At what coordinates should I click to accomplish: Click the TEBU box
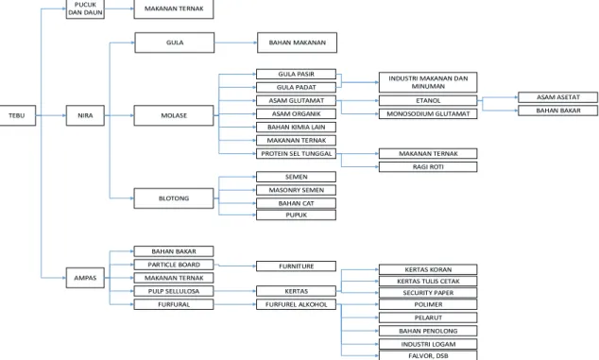(18, 115)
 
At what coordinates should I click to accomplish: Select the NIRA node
(85, 115)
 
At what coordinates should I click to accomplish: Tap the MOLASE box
(174, 115)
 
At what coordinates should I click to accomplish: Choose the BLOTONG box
(174, 198)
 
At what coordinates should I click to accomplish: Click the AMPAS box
(85, 278)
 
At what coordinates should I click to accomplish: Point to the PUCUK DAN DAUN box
(85, 9)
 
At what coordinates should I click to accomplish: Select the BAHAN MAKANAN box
(298, 43)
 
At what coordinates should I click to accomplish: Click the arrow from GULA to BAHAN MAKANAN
(235, 43)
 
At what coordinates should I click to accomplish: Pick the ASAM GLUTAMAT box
(296, 100)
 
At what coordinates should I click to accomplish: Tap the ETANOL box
(428, 100)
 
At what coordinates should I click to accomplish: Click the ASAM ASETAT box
(557, 97)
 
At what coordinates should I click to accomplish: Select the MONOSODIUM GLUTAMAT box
(428, 114)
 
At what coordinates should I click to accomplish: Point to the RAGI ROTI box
(428, 167)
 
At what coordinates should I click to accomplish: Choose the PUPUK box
(296, 214)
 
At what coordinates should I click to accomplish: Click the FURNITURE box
(296, 266)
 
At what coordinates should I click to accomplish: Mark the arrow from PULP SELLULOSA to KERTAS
(235, 291)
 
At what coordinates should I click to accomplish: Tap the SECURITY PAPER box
(428, 293)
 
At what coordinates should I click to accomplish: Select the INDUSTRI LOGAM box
(428, 344)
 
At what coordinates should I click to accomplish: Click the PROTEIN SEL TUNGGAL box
(296, 154)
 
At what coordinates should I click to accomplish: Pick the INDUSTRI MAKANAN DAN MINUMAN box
(428, 82)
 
